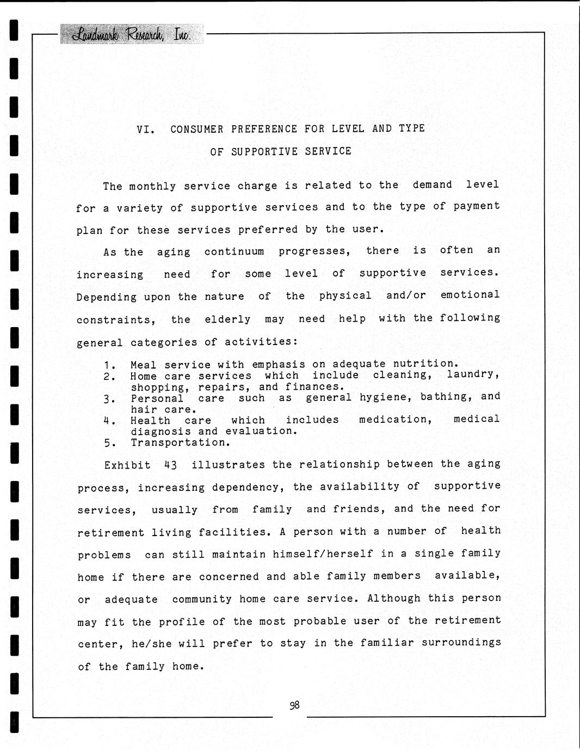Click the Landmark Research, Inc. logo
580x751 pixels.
click(x=132, y=34)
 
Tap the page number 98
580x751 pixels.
click(x=294, y=705)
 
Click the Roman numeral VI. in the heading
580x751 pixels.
click(x=145, y=130)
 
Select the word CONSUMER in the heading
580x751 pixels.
click(x=196, y=130)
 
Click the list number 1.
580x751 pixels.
click(x=109, y=366)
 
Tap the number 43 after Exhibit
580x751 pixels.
click(x=170, y=465)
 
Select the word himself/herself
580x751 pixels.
click(x=323, y=554)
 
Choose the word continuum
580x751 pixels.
click(x=234, y=252)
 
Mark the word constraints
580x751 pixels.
click(x=115, y=320)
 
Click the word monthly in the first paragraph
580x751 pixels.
click(x=152, y=187)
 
